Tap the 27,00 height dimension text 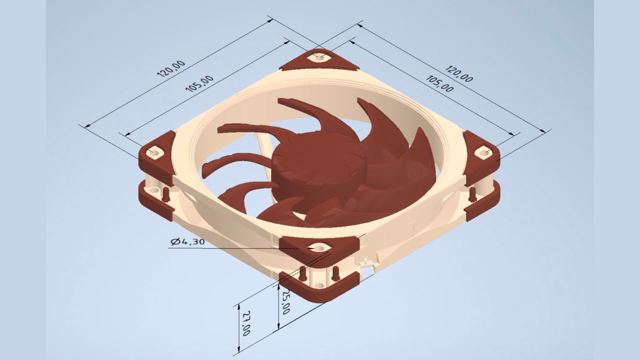[x=246, y=323]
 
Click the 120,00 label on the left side [x=171, y=68]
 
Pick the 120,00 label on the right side [x=459, y=73]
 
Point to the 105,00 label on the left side [x=199, y=83]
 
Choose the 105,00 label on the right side [x=439, y=83]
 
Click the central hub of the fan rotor [x=318, y=160]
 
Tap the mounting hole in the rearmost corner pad [x=319, y=57]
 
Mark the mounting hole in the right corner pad [x=484, y=151]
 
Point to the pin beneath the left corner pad [x=165, y=195]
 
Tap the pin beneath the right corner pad [x=472, y=194]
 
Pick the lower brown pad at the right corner [x=483, y=203]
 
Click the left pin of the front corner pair [x=302, y=274]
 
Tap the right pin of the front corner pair [x=335, y=273]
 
